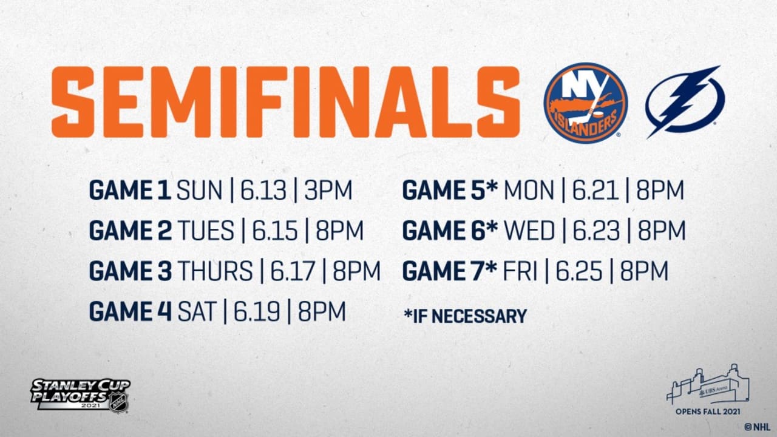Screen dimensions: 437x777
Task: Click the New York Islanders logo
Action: point(585,103)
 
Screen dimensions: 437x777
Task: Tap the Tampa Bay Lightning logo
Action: point(685,101)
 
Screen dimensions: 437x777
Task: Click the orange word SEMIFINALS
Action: point(285,101)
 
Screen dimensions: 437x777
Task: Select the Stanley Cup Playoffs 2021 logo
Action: point(81,394)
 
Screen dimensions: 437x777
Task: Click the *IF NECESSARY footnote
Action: point(464,316)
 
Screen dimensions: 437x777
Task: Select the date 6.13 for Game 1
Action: point(262,191)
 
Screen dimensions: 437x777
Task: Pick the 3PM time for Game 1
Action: point(328,191)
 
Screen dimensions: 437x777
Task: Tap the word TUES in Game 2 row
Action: point(206,231)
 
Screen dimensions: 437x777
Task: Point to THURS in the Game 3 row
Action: point(215,271)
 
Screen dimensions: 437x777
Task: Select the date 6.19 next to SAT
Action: point(256,311)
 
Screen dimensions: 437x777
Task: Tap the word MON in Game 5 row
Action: point(529,191)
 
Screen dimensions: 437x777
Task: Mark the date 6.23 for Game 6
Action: point(595,231)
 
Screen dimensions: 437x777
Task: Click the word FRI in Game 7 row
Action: point(520,271)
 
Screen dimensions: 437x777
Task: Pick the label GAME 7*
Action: point(450,271)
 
